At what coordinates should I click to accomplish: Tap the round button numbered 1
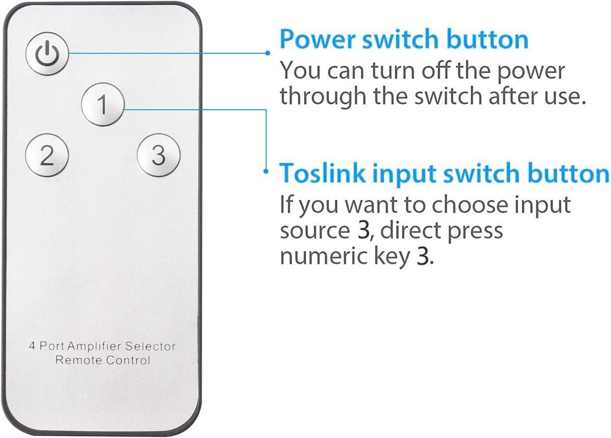tap(103, 104)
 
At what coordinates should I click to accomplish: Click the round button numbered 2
tap(47, 155)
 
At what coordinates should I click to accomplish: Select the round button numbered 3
tap(158, 155)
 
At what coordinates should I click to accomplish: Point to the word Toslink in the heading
tap(322, 173)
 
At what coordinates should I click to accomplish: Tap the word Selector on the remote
tap(150, 346)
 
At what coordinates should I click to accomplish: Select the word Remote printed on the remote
tap(79, 360)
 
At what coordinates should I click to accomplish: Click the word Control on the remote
tap(128, 360)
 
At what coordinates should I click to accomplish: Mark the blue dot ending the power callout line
tap(267, 53)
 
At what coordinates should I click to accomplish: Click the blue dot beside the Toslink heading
tap(266, 172)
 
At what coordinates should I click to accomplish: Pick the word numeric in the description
tap(323, 257)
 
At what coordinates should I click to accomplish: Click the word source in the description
tap(315, 231)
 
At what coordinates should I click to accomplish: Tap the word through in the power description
tap(323, 97)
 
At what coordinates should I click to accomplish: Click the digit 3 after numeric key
tap(423, 257)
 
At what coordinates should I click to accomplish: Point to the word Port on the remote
tap(52, 346)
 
